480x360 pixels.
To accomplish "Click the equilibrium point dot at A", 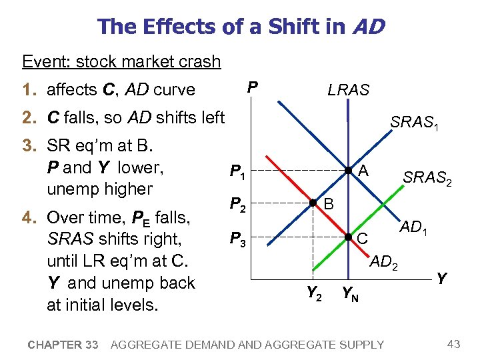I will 347,171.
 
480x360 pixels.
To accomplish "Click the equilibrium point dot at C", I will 347,237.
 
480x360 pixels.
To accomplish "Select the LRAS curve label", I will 348,90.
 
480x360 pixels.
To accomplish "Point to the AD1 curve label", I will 415,227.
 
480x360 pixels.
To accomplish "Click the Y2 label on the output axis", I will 314,291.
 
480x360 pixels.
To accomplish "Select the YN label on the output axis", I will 349,292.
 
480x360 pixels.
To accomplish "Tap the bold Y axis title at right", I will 441,277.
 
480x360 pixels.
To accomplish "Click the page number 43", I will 454,344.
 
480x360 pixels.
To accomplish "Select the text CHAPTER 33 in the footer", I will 63,345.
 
